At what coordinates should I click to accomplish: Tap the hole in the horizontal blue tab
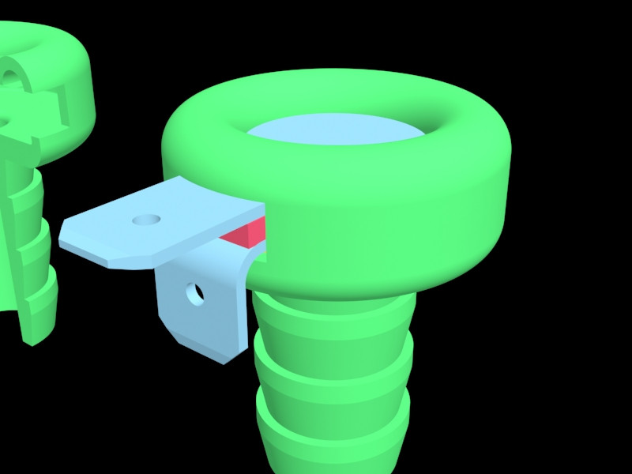click(x=145, y=219)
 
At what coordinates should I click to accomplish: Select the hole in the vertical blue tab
click(x=194, y=295)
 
